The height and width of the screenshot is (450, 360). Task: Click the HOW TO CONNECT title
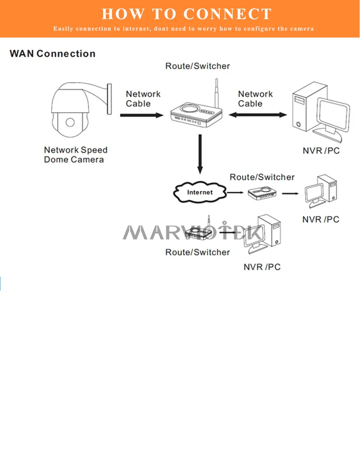pos(186,14)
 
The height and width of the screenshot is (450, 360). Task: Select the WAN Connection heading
pos(52,54)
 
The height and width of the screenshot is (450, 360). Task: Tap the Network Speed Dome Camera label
pos(76,155)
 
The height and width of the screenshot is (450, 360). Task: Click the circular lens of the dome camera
pos(70,122)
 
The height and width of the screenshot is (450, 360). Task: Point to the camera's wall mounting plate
pos(109,99)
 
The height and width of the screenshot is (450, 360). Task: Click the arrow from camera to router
pos(142,115)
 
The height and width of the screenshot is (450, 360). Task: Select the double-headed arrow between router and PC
pos(258,115)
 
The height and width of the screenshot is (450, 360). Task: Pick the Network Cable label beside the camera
pos(143,99)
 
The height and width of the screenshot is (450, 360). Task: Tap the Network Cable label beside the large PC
pos(255,99)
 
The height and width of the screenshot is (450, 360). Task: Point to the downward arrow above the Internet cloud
pos(200,154)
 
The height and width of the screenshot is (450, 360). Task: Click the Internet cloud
pos(199,192)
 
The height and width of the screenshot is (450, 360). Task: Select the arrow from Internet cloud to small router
pos(235,192)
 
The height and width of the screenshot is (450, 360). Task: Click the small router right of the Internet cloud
pos(262,193)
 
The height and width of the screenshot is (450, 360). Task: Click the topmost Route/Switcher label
pos(198,66)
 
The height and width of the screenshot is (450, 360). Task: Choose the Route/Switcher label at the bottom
pos(198,252)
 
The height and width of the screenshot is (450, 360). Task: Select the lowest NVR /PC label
pos(262,267)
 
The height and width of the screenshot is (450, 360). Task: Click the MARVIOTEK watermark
pos(193,232)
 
